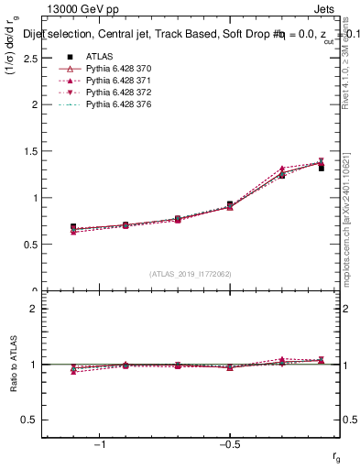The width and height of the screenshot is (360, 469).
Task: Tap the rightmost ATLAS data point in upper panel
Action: click(x=322, y=168)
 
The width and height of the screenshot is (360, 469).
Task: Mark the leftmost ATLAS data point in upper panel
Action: click(x=73, y=227)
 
